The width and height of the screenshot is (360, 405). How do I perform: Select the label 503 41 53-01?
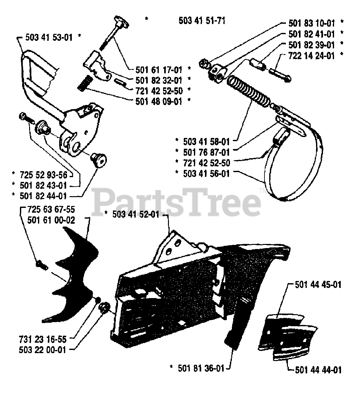[x=49, y=38]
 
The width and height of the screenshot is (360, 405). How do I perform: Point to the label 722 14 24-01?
[x=312, y=56]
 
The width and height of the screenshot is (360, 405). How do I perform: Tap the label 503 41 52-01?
[x=136, y=215]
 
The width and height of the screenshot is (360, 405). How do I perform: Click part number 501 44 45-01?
[x=318, y=285]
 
